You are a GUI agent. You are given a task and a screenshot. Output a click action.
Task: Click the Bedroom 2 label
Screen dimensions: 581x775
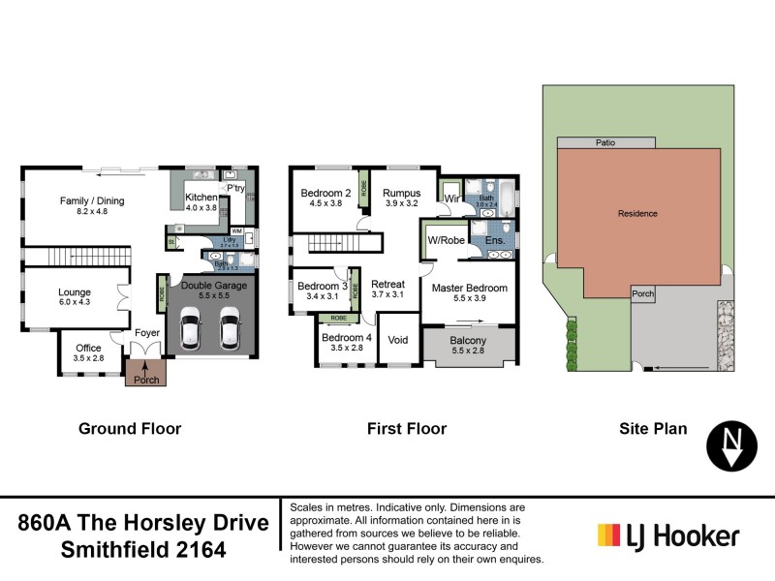coord(325,198)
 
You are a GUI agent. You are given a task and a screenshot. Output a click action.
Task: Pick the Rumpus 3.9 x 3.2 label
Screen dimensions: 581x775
coord(400,198)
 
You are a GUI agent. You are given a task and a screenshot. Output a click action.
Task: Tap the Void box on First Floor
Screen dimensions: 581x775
coord(398,341)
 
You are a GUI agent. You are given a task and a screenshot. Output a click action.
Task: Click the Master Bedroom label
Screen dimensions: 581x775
coord(469,293)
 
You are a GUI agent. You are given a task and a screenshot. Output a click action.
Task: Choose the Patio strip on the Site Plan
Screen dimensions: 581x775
coord(604,142)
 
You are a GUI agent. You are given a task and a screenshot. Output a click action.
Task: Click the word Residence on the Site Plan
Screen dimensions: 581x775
coord(637,213)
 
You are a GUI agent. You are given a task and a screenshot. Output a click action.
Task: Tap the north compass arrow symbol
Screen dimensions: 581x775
coord(733,444)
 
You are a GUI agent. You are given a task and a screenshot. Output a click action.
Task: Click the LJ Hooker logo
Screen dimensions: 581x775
coord(668,535)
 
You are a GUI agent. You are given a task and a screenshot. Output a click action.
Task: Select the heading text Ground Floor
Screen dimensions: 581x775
coord(130,428)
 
